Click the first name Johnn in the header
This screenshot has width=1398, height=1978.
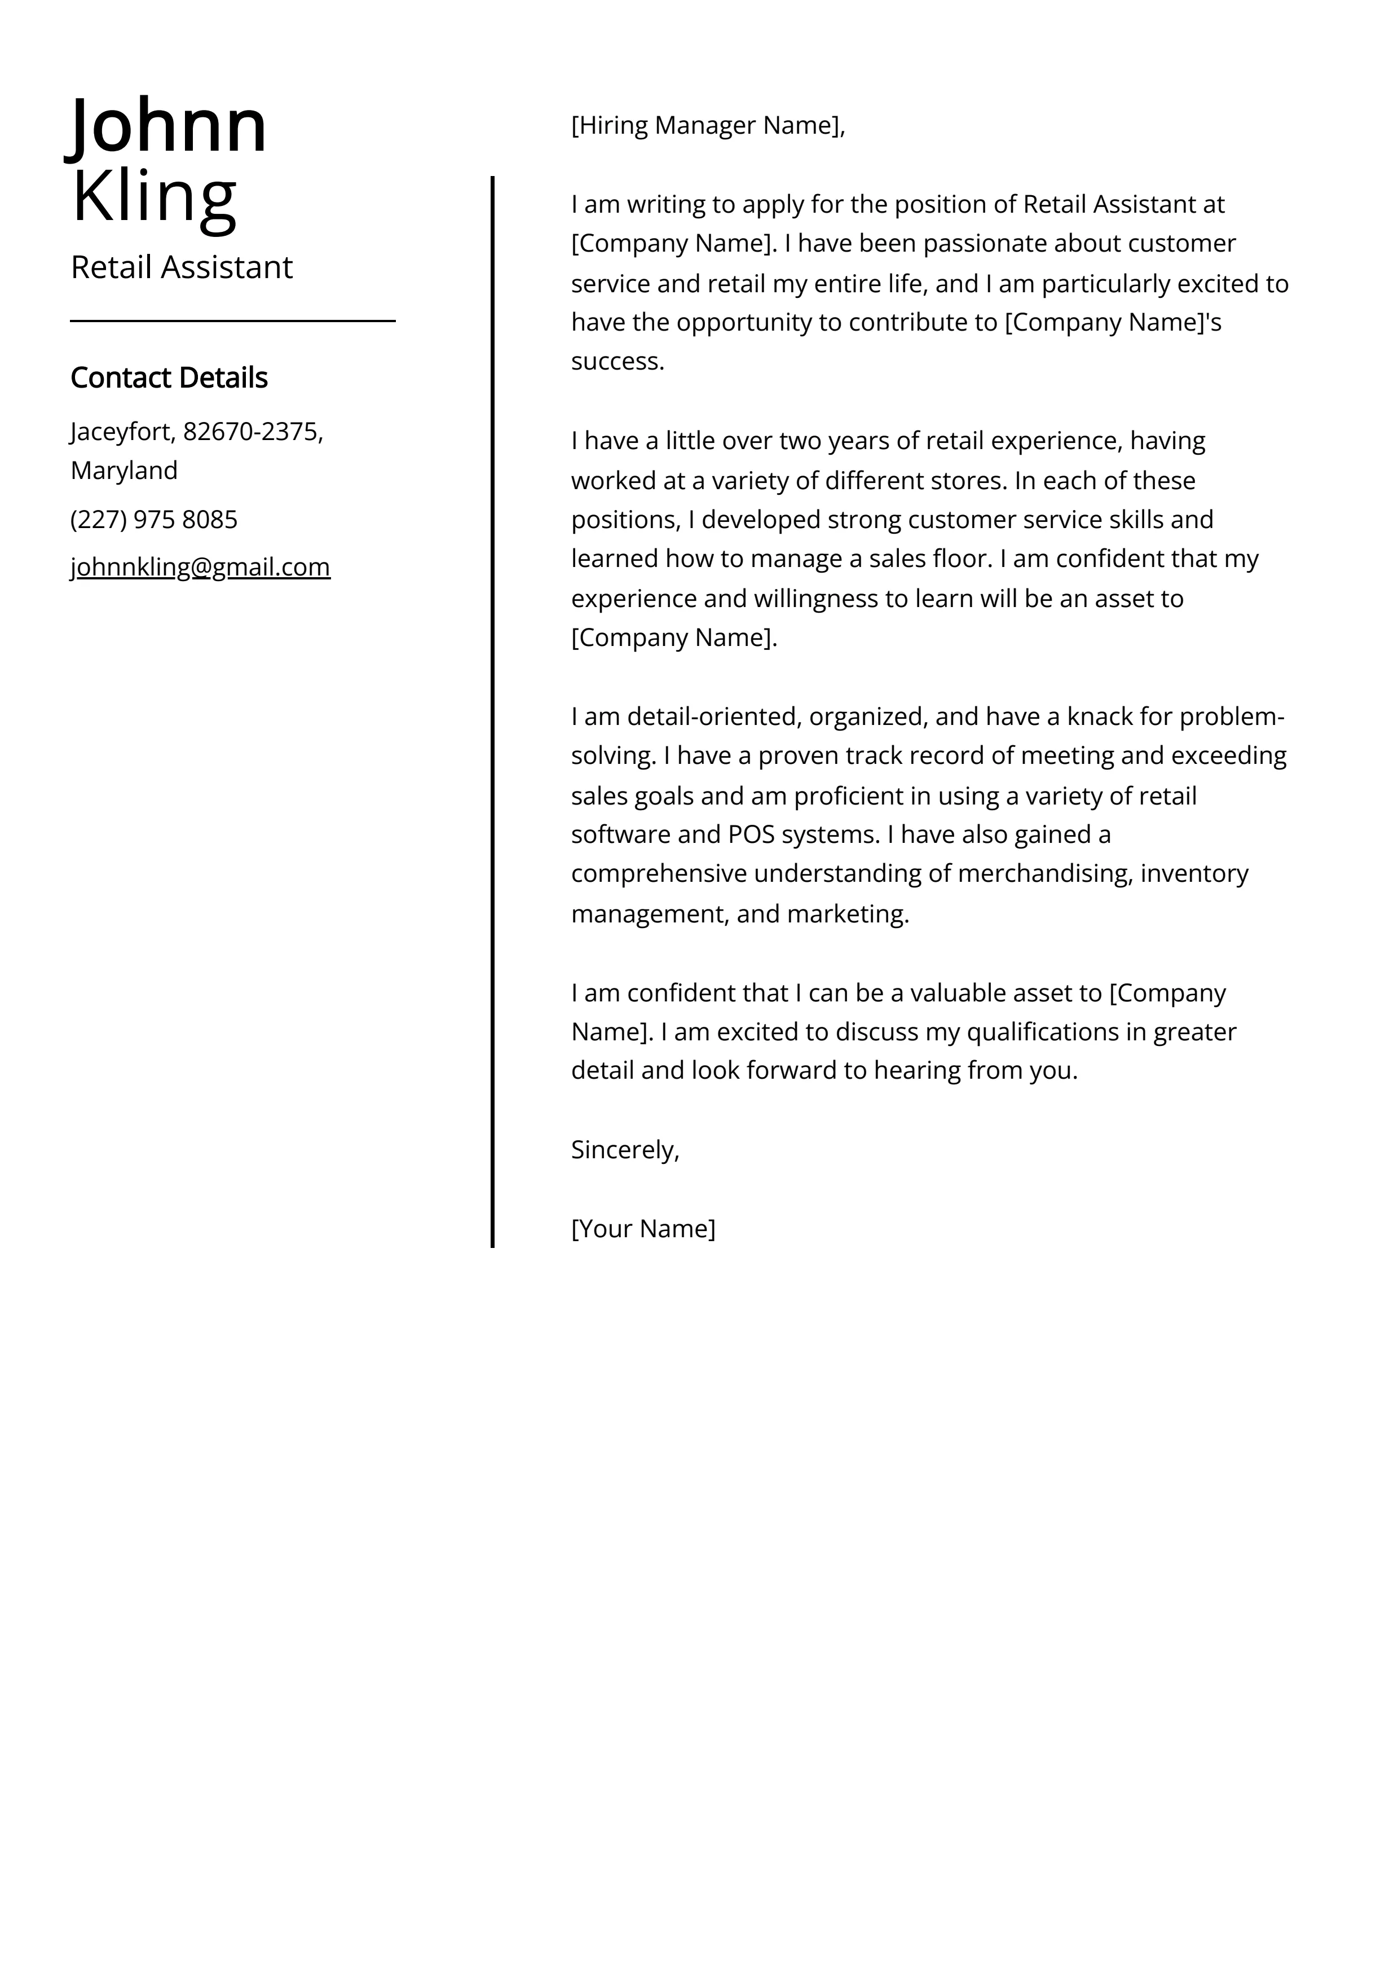tap(169, 126)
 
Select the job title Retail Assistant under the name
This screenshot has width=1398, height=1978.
tap(182, 268)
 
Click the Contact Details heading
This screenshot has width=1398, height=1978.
tap(169, 377)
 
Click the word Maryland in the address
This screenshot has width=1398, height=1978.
tap(124, 471)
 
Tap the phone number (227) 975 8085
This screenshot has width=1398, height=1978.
tap(154, 520)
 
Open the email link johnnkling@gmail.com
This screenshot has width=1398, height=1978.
tap(200, 567)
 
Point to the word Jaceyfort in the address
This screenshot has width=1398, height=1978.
tap(121, 431)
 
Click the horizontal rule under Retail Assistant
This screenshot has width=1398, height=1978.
tap(232, 320)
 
